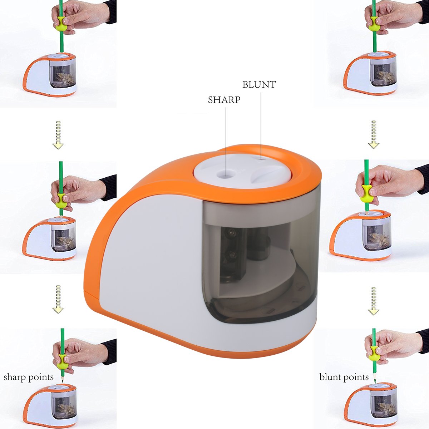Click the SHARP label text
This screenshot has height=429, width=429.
click(224, 100)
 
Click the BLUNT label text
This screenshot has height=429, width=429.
click(259, 85)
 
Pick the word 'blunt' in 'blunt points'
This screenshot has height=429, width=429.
click(331, 377)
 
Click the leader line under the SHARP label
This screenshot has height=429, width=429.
click(226, 139)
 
